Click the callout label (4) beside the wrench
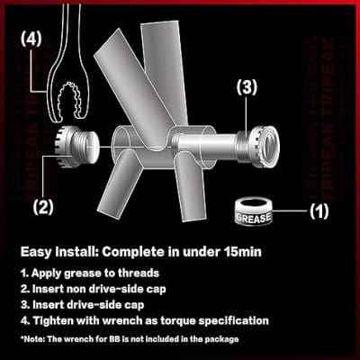coord(31,39)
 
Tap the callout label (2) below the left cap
coord(43,206)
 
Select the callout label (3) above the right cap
coord(247,87)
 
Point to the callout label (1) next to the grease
coord(319,211)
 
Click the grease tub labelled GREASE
coord(253,212)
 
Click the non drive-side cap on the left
coord(77,146)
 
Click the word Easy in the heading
coord(36,252)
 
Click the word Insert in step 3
coord(49,305)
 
